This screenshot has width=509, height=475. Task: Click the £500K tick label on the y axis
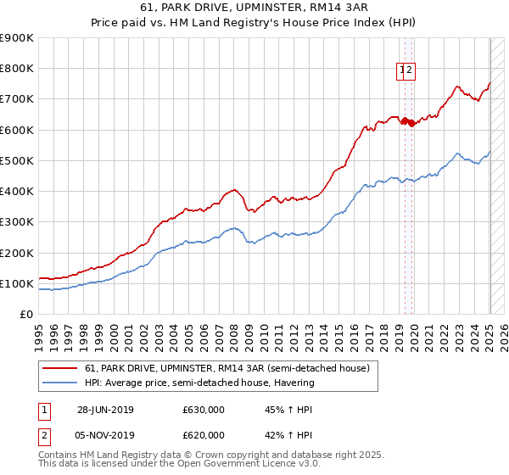click(x=17, y=160)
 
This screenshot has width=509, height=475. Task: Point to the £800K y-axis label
click(x=17, y=68)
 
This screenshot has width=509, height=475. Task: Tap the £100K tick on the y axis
click(x=17, y=283)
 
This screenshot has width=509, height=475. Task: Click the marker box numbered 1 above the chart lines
click(x=401, y=71)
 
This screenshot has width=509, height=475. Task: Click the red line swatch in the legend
click(x=59, y=369)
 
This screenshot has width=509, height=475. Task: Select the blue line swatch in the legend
click(x=59, y=383)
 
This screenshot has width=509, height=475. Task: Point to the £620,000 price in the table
click(x=204, y=435)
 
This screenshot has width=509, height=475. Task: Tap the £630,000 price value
click(x=204, y=410)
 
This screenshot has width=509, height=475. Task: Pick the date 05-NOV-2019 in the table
click(x=106, y=435)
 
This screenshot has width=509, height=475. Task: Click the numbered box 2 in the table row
click(x=42, y=435)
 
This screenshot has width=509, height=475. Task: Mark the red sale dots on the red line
click(x=406, y=120)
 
